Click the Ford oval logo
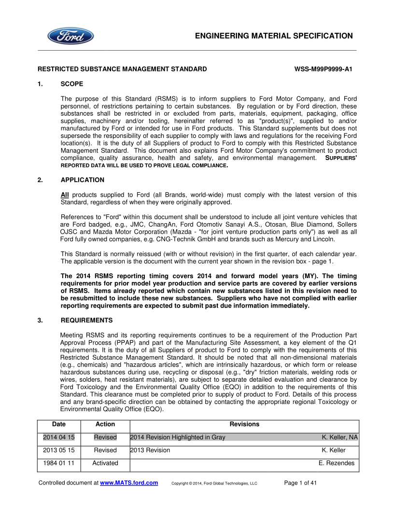click(x=70, y=36)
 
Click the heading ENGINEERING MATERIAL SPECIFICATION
click(x=274, y=36)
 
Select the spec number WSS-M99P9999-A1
click(x=323, y=69)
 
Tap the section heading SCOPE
click(x=72, y=84)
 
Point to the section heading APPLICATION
click(x=83, y=180)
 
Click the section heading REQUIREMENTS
click(x=87, y=320)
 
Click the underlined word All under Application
click(x=65, y=195)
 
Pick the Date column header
click(x=59, y=424)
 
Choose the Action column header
click(x=105, y=424)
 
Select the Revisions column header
click(x=244, y=424)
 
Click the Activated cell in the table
click(x=105, y=463)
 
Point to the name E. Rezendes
click(x=337, y=463)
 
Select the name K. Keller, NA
click(x=340, y=437)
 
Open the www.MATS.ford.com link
click(x=129, y=482)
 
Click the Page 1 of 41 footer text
click(x=300, y=482)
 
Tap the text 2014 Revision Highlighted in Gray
click(x=178, y=437)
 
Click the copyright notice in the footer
click(x=214, y=483)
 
